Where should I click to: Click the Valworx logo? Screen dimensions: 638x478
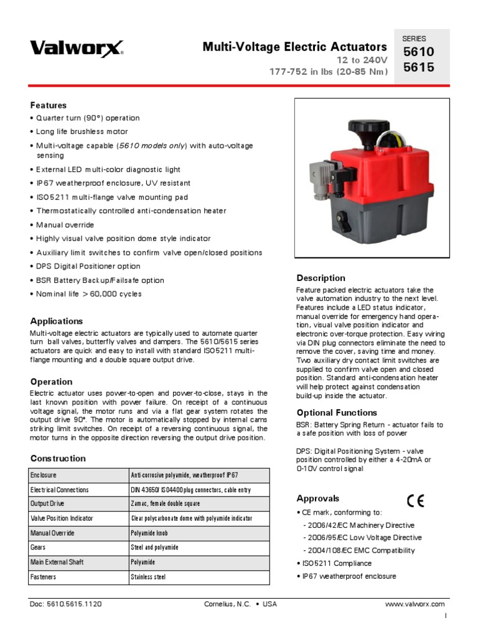[77, 49]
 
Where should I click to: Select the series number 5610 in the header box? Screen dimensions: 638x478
[419, 52]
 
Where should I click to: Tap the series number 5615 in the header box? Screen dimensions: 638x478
[419, 68]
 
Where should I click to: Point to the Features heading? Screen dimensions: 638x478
[49, 105]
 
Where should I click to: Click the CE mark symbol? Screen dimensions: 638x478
[416, 500]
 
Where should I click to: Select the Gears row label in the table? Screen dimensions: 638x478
[39, 547]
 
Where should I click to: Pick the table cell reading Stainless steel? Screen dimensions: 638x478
[148, 577]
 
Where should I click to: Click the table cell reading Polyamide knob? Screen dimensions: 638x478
[149, 533]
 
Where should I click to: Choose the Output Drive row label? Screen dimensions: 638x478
[47, 503]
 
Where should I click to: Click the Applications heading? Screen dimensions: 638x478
[57, 321]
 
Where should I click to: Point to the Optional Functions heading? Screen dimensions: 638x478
[337, 412]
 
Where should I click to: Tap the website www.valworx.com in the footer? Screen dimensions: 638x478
[415, 604]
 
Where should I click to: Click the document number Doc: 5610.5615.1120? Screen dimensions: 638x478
[66, 604]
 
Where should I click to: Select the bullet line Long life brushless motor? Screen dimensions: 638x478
[82, 131]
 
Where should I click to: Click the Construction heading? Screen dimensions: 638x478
[58, 458]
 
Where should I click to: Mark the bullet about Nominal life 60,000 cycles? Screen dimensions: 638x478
[88, 293]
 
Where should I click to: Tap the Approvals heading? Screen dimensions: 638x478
[318, 498]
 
